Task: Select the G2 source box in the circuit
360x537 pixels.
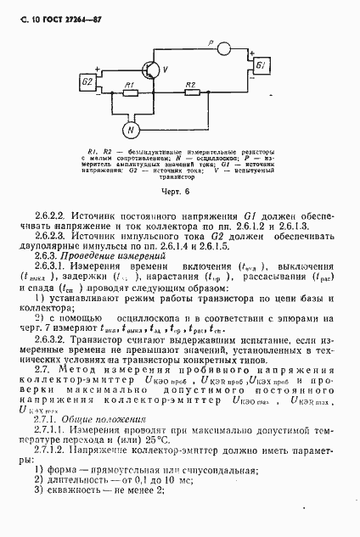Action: point(88,81)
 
